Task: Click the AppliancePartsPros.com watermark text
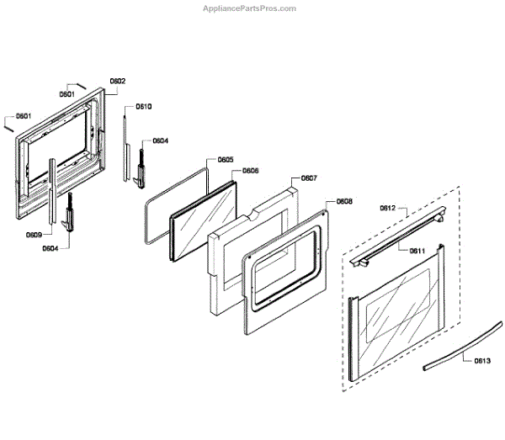point(251,8)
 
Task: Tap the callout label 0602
point(118,81)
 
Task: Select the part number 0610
point(144,107)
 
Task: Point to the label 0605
point(226,159)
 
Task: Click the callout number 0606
point(251,170)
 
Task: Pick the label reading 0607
point(309,178)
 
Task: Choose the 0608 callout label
point(344,202)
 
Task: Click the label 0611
point(417,251)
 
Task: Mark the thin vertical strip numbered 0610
point(125,147)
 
